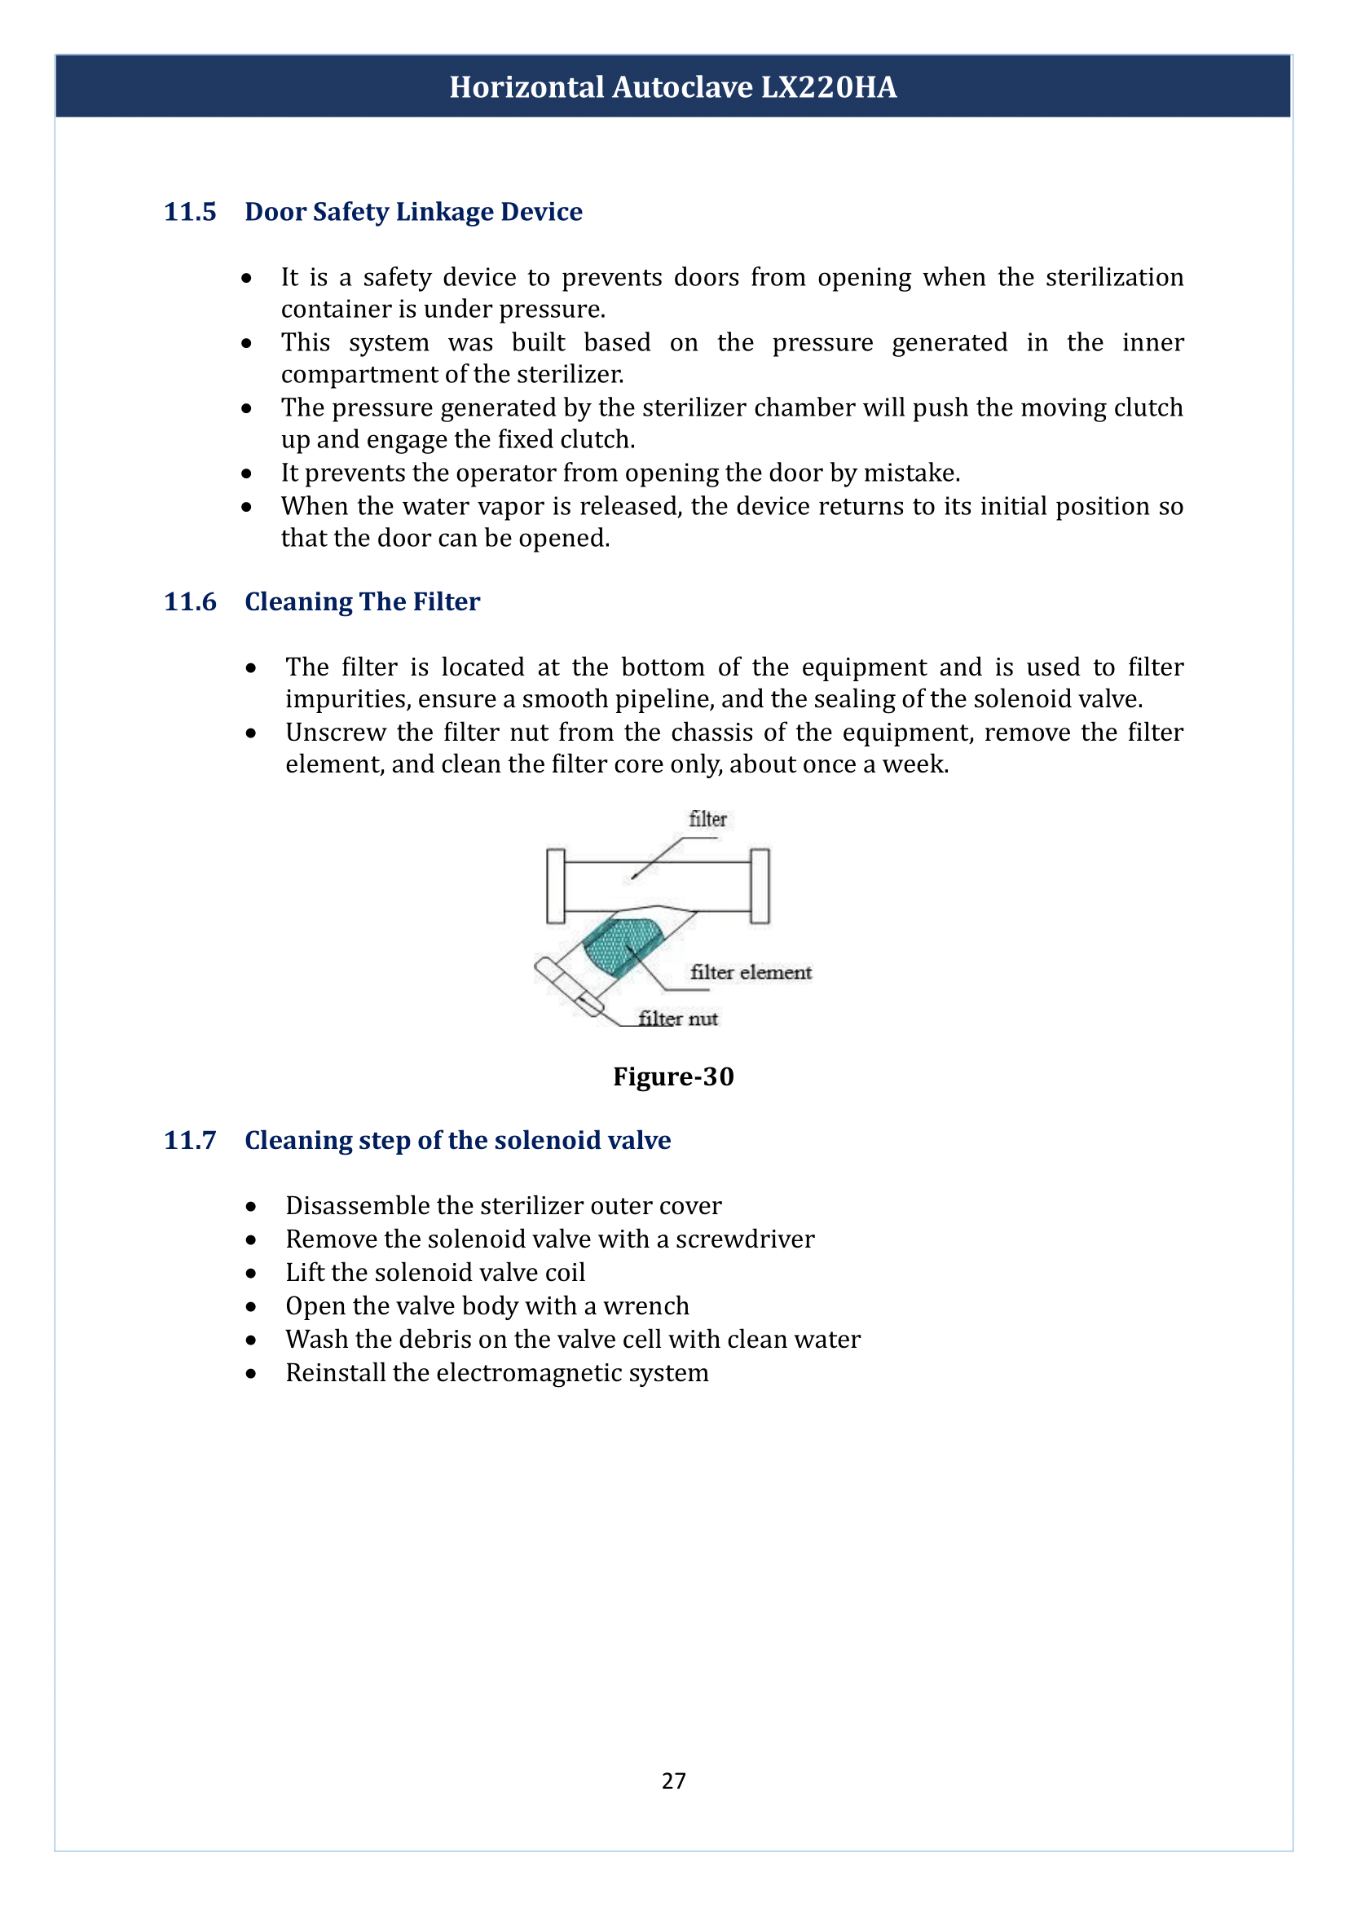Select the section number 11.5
click(x=190, y=212)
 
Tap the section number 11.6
click(x=190, y=602)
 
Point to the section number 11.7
click(x=190, y=1141)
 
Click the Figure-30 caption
click(x=673, y=1076)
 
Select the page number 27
click(x=673, y=1781)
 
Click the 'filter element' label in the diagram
click(x=751, y=972)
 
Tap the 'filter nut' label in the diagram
click(x=678, y=1019)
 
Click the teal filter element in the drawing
click(x=621, y=946)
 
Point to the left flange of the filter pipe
click(x=555, y=886)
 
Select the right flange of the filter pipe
click(x=760, y=886)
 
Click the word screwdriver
click(x=745, y=1239)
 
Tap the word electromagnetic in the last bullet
click(x=529, y=1373)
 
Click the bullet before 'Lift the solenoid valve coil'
click(x=251, y=1274)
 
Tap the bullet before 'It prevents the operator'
click(x=246, y=474)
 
